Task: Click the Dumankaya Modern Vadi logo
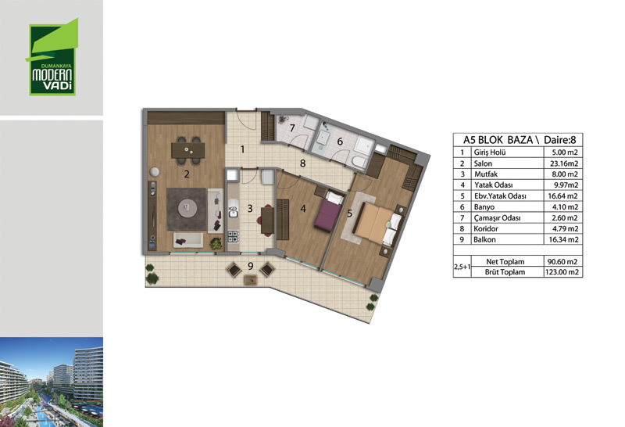(x=52, y=57)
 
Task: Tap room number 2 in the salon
(x=187, y=174)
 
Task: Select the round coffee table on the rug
(x=187, y=207)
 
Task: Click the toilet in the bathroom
(x=360, y=162)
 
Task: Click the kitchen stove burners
(x=233, y=236)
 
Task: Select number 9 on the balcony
(x=250, y=266)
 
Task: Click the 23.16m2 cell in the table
(x=562, y=163)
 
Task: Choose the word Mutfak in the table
(x=486, y=174)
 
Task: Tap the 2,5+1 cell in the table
(x=462, y=267)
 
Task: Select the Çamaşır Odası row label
(x=497, y=218)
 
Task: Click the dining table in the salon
(x=188, y=150)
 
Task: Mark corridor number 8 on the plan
(x=303, y=163)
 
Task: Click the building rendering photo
(x=52, y=382)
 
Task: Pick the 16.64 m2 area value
(x=562, y=196)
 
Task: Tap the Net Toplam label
(x=505, y=262)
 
